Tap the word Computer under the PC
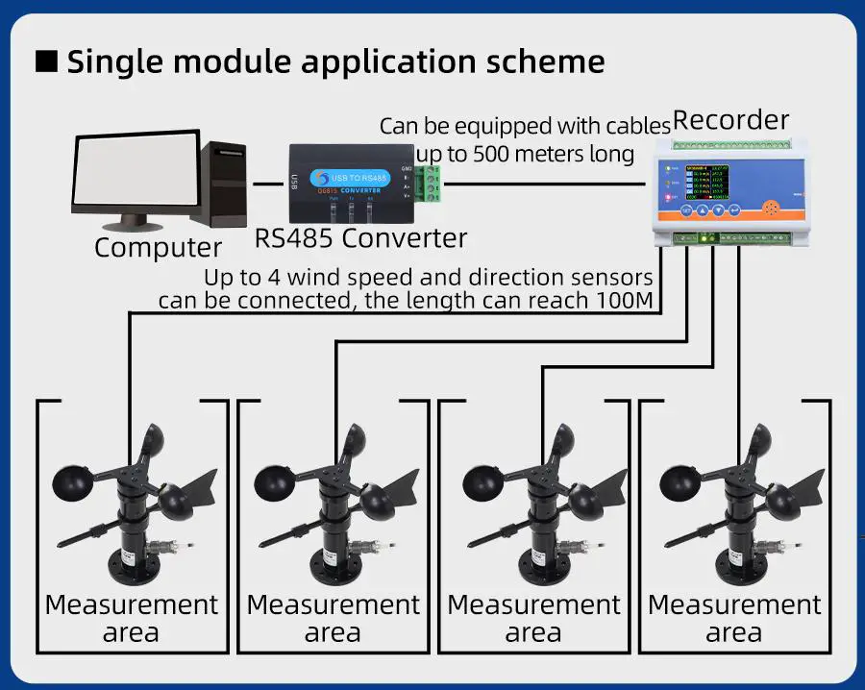(x=158, y=247)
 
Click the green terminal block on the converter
(x=433, y=182)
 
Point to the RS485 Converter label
(x=360, y=237)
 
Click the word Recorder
(x=730, y=121)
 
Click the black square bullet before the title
(x=46, y=62)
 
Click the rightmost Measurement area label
(x=734, y=618)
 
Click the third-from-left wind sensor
(x=536, y=500)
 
